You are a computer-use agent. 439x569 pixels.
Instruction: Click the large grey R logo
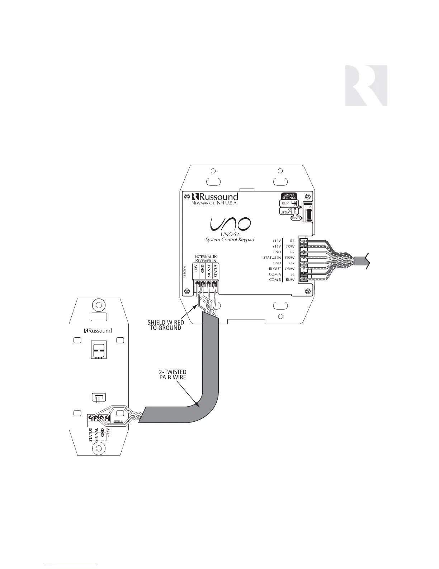[x=366, y=85]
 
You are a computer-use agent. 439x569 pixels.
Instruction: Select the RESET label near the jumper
[x=296, y=218]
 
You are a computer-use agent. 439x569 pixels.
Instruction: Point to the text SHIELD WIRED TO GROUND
[x=165, y=325]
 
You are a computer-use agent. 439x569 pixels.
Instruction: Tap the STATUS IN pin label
[x=272, y=258]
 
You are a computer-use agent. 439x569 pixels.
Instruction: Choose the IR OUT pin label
[x=275, y=269]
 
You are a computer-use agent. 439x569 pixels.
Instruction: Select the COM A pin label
[x=275, y=274]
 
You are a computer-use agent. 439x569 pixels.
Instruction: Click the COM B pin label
[x=275, y=279]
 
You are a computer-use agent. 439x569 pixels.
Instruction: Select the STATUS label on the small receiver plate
[x=91, y=434]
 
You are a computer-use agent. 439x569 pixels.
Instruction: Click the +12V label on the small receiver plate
[x=108, y=431]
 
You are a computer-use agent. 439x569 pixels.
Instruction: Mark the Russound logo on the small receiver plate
[x=98, y=330]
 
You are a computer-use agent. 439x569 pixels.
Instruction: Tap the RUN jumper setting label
[x=285, y=203]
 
